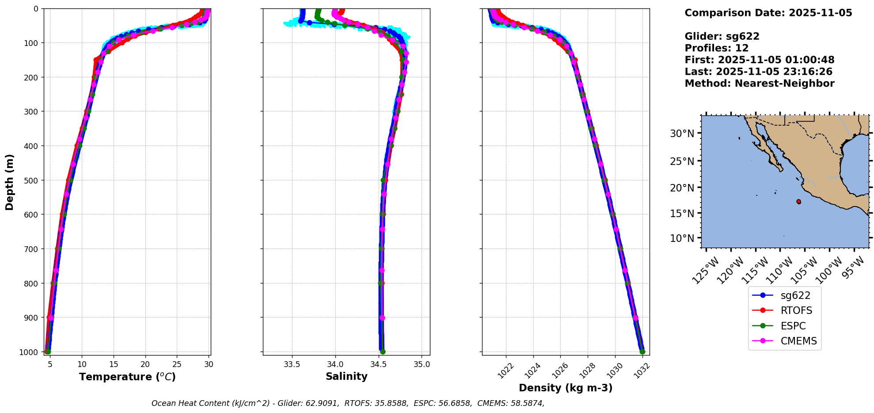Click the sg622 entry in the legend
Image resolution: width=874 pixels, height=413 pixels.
tap(795, 295)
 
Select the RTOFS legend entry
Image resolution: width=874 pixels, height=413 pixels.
tap(796, 310)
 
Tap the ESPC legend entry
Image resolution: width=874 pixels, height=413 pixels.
tap(793, 326)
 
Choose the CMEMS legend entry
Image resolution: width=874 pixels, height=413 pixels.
tap(798, 341)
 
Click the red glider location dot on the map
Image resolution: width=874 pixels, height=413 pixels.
tap(798, 202)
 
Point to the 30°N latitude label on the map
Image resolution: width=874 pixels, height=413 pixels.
tap(682, 134)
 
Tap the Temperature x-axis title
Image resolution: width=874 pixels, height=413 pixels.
tap(127, 377)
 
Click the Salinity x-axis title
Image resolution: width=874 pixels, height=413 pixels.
tap(346, 376)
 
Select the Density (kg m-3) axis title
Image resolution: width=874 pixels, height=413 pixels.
tap(566, 388)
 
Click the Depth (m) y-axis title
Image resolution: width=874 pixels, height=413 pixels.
tap(10, 182)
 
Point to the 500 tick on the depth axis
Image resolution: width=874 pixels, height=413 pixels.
tap(33, 180)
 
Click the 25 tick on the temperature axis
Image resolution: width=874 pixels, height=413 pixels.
tap(177, 364)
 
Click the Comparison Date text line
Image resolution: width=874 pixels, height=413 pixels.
tap(768, 13)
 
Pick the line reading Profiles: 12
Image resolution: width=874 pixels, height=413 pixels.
tap(716, 48)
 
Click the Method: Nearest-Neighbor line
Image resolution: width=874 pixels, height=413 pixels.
tap(759, 84)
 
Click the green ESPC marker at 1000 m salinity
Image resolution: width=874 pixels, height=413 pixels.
tap(383, 352)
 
